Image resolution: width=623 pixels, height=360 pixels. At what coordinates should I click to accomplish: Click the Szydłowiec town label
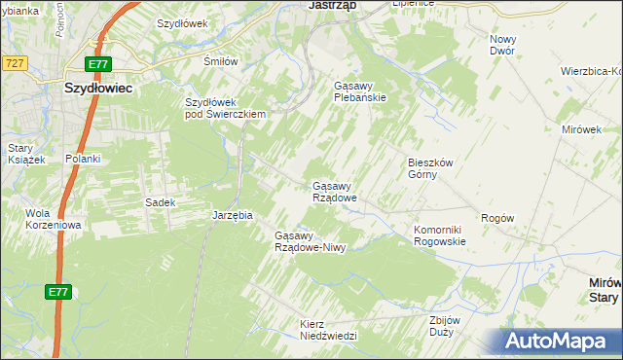click(98, 87)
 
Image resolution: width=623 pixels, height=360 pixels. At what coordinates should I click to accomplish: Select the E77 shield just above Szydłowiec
click(98, 64)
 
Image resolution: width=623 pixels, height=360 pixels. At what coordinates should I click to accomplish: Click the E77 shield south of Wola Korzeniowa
click(56, 292)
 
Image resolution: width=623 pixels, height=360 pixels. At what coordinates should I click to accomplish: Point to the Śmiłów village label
click(220, 61)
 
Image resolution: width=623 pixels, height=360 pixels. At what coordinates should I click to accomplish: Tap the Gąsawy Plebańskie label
click(360, 91)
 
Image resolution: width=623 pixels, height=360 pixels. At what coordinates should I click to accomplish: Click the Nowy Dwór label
click(502, 45)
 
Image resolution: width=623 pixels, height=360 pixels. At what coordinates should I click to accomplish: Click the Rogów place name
click(496, 219)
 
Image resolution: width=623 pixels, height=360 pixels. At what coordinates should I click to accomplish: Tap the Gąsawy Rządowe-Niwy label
click(311, 241)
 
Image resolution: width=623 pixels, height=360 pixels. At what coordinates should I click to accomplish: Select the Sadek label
click(160, 202)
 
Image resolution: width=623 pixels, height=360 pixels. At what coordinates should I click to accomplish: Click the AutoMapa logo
click(561, 342)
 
